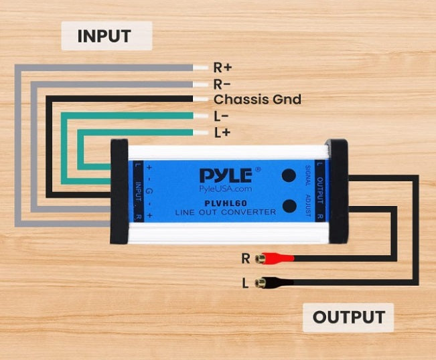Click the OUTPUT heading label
point(348,317)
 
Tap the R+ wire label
point(223,68)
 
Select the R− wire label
point(222,84)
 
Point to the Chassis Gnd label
point(257,100)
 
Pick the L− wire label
point(222,116)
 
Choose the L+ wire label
point(222,132)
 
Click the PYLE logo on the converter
point(226,175)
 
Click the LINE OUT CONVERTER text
point(226,212)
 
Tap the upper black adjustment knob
point(289,175)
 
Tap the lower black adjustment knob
point(289,206)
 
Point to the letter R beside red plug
point(246,258)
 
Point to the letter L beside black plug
point(246,284)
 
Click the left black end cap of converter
point(119,191)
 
